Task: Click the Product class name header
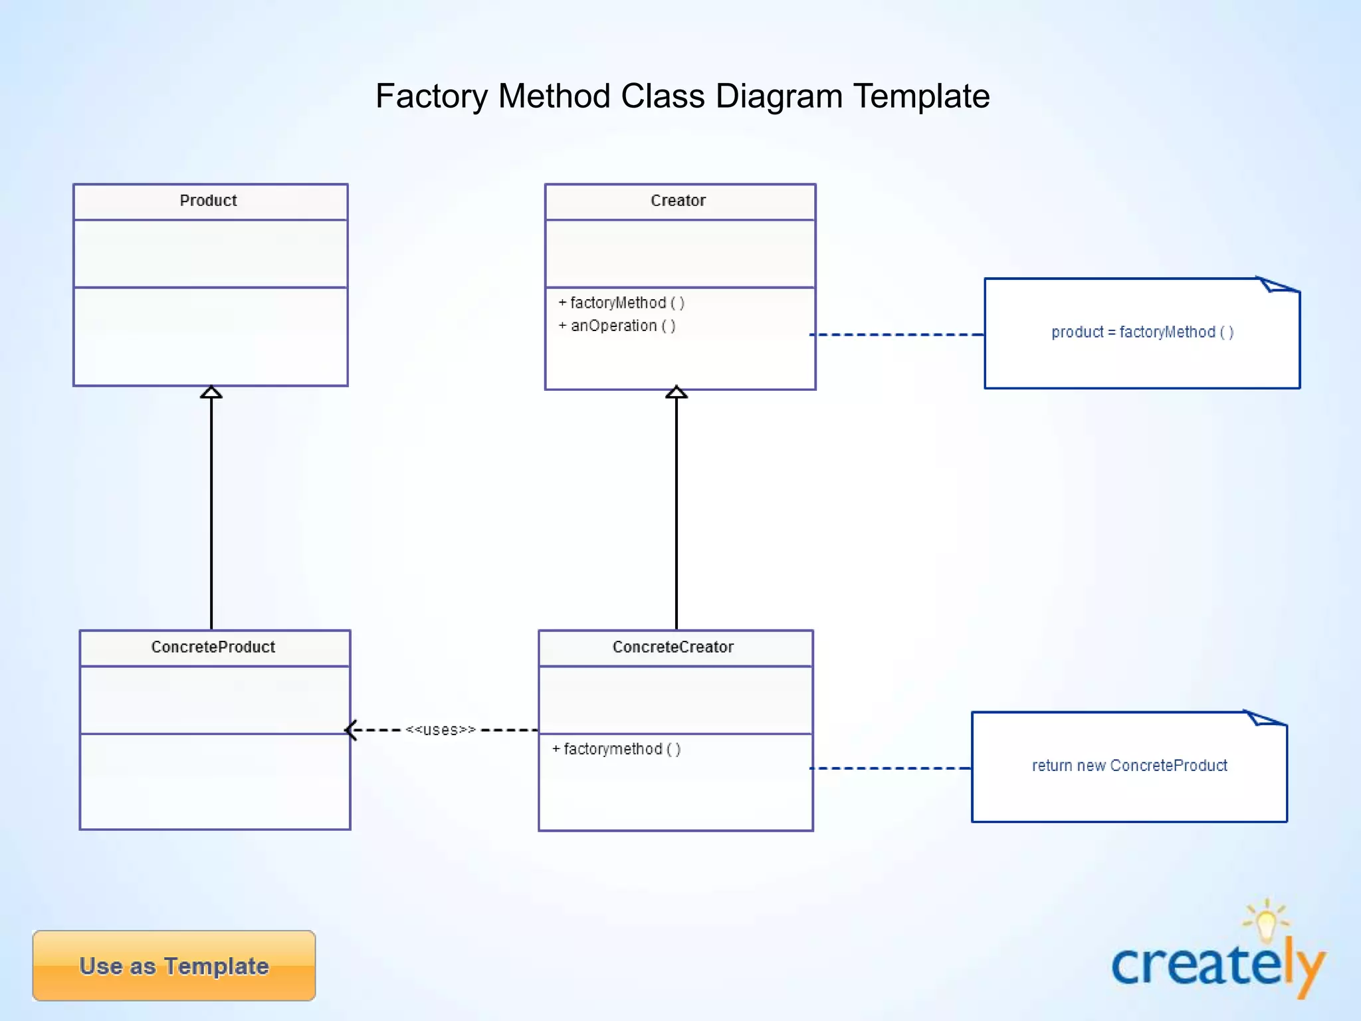pos(209,201)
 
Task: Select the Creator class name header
pos(678,201)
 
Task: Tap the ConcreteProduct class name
pos(213,647)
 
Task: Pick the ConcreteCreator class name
pos(673,647)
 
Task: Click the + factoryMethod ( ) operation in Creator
pos(621,303)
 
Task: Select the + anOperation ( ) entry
pos(617,326)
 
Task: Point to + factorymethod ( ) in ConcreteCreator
pos(616,749)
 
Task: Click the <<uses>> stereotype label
pos(441,730)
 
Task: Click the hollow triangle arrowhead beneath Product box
pos(211,392)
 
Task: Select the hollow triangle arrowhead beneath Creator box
pos(677,392)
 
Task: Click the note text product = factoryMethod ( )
pos(1142,332)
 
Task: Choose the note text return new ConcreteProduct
pos(1129,766)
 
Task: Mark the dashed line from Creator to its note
pos(897,334)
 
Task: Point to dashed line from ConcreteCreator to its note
pos(890,768)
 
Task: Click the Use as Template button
pos(174,966)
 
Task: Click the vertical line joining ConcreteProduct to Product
pos(211,512)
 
